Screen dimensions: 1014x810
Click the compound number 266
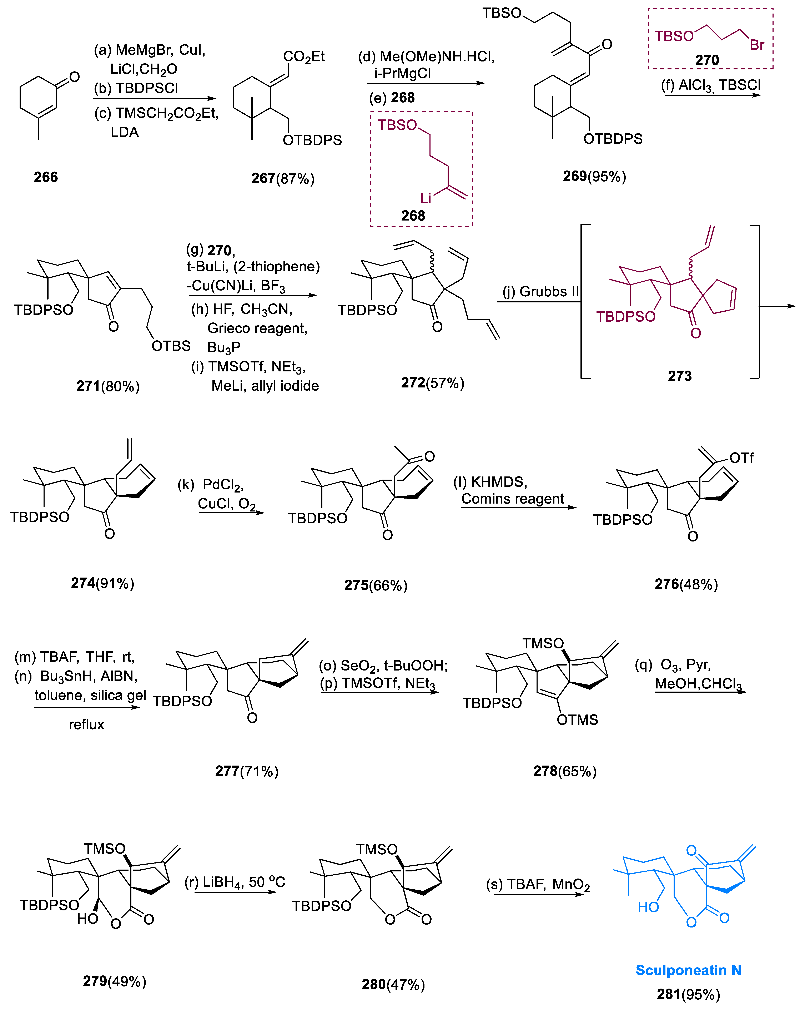pos(46,177)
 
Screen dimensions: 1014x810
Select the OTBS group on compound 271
pos(171,346)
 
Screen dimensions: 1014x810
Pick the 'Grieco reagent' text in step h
pos(257,328)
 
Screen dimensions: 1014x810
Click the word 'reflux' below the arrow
pos(86,724)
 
